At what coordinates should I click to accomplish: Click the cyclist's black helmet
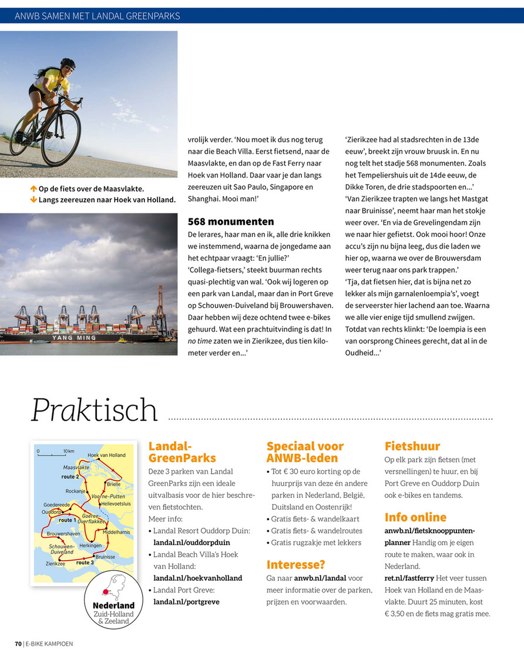(x=68, y=62)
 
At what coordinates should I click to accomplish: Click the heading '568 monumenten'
(x=231, y=222)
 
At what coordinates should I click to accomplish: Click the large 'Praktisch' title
(x=95, y=410)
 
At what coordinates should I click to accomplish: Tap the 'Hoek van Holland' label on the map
(x=106, y=456)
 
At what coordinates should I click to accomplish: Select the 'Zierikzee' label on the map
(x=55, y=563)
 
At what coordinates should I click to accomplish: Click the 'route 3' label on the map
(x=85, y=563)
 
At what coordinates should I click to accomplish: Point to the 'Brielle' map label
(x=114, y=484)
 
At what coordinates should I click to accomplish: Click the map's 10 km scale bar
(x=51, y=454)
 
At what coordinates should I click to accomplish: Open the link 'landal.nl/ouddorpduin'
(x=192, y=543)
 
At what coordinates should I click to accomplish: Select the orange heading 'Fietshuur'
(x=412, y=446)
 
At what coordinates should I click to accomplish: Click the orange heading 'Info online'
(x=415, y=517)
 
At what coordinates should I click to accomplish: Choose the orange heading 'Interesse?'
(x=296, y=564)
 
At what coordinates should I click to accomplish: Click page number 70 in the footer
(x=18, y=644)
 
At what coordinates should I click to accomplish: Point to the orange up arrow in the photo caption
(x=33, y=189)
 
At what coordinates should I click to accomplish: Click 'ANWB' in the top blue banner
(x=27, y=16)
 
